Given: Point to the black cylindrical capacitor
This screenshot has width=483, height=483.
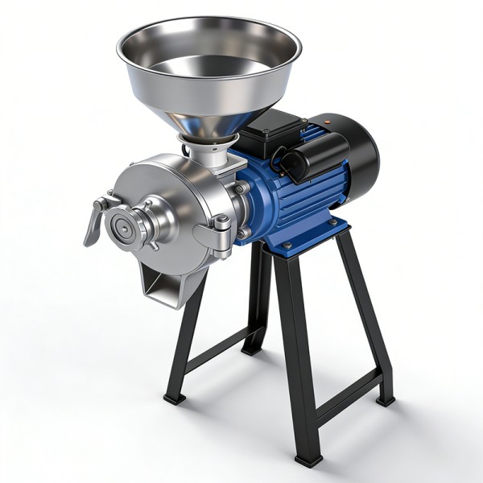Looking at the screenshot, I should point(319,157).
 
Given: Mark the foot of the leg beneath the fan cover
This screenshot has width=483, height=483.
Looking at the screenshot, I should point(386,399).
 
